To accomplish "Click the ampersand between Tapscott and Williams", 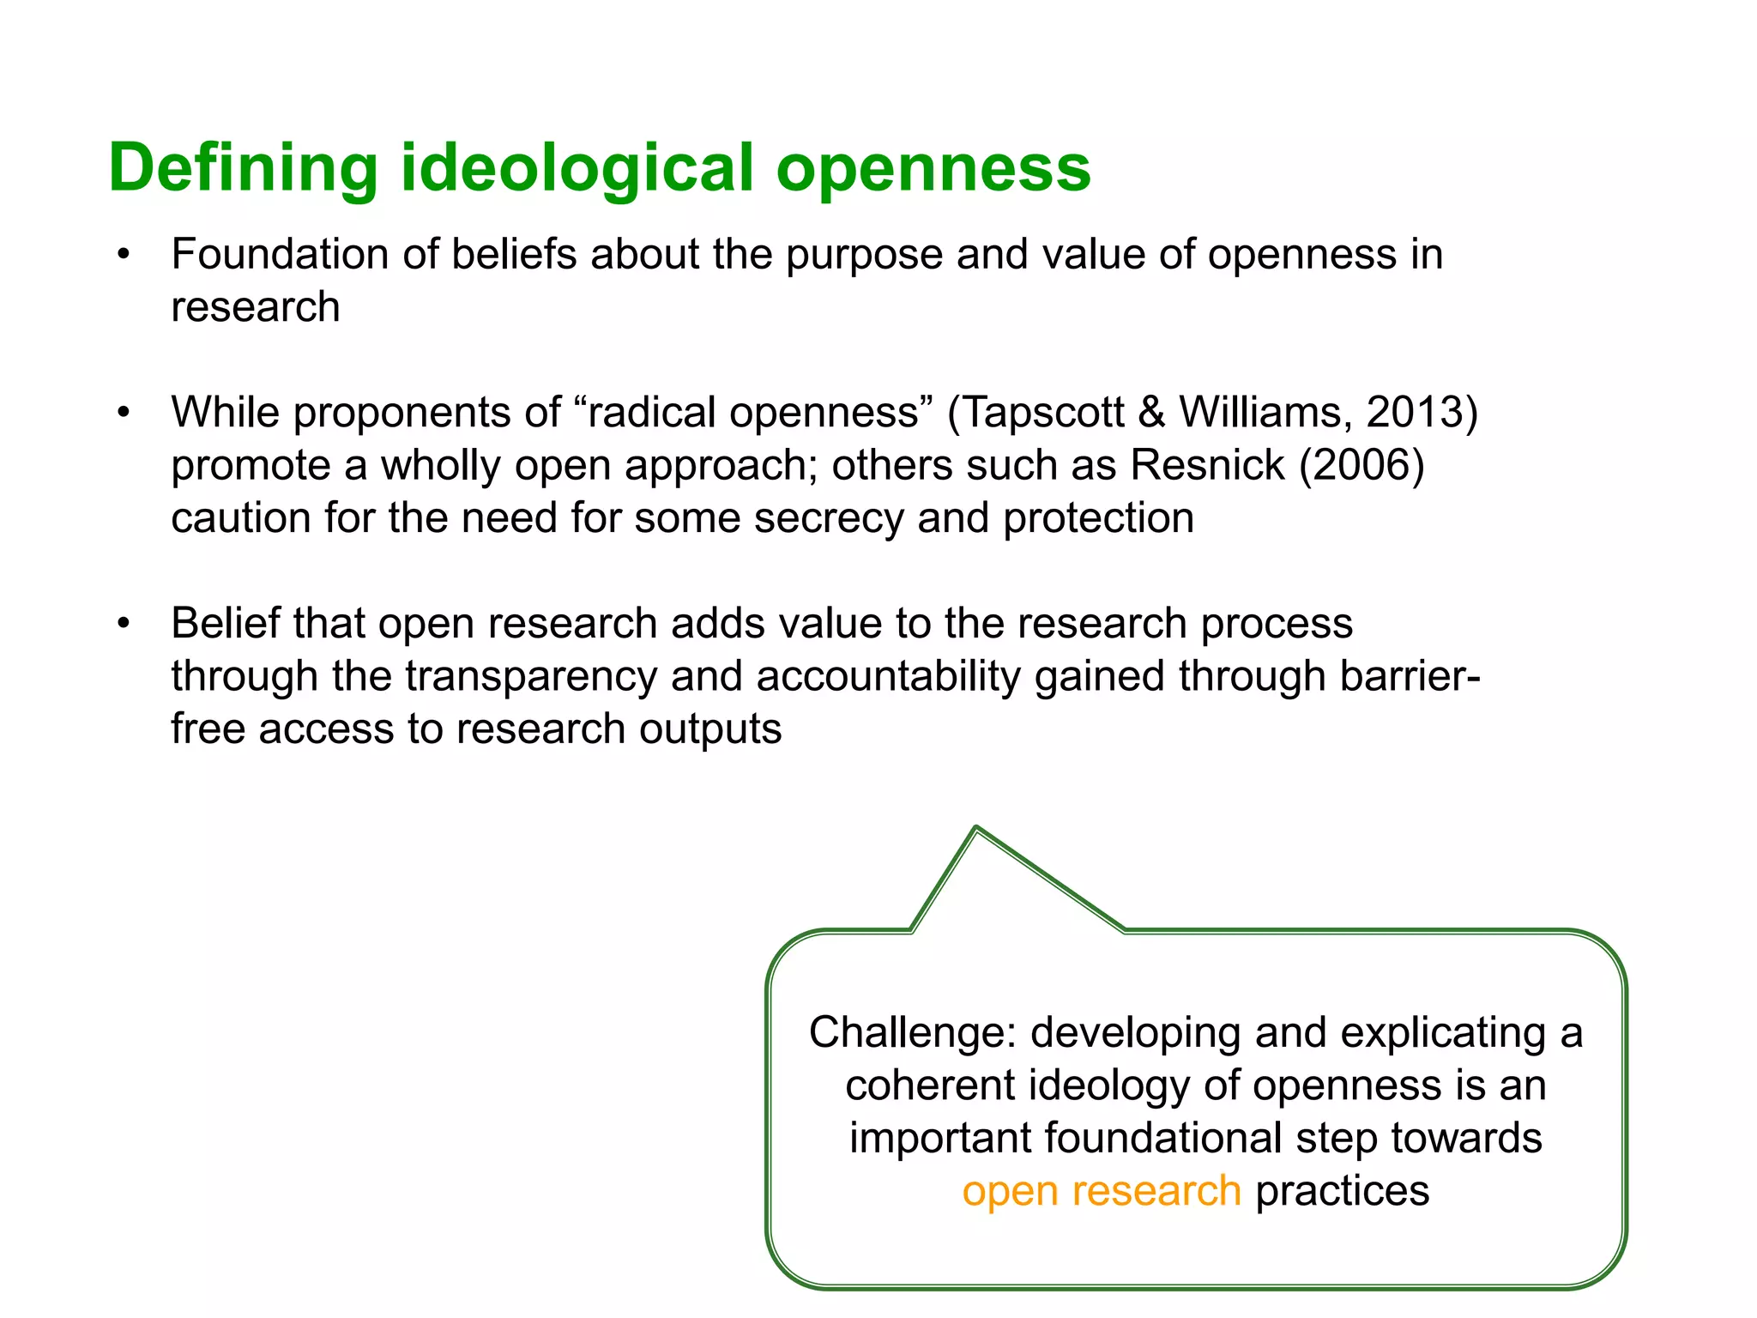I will tap(1151, 413).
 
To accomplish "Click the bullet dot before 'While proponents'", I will tap(124, 413).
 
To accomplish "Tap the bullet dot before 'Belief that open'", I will tap(124, 623).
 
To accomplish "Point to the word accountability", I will tap(889, 676).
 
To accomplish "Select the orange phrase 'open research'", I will tap(1101, 1191).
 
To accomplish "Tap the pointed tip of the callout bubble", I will tap(976, 829).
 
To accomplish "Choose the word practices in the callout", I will tap(1342, 1191).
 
